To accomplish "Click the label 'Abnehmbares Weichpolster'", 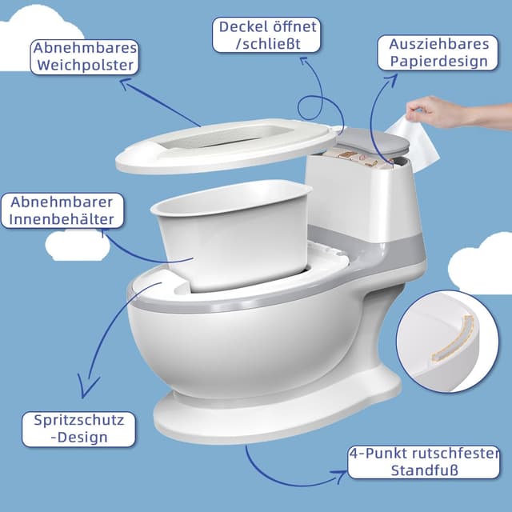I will [x=85, y=57].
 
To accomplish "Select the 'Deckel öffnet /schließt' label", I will [x=268, y=35].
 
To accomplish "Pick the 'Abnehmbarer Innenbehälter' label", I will [x=62, y=210].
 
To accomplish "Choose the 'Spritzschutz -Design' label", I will [x=79, y=429].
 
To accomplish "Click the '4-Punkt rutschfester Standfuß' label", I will [x=424, y=462].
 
